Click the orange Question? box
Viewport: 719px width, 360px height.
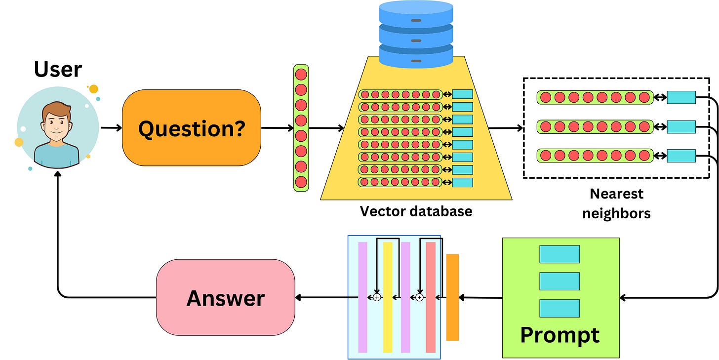[191, 128]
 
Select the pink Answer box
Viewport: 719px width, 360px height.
[225, 298]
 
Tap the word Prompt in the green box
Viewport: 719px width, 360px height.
[560, 334]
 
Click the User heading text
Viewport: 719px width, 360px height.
[58, 70]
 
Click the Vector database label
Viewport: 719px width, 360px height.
[416, 211]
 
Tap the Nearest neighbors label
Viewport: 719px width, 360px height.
[616, 203]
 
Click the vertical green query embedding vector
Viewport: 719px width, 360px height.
[301, 128]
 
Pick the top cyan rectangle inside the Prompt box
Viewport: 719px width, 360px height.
[559, 254]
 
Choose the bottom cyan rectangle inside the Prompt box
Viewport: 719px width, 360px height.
[559, 308]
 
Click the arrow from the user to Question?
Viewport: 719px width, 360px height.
[111, 128]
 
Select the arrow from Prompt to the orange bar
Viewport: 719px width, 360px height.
[481, 297]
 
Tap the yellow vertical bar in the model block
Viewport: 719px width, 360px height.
[388, 297]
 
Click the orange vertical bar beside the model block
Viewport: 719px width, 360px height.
[452, 297]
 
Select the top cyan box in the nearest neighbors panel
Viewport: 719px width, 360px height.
[681, 97]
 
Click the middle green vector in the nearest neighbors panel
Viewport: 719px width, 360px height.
[595, 127]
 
